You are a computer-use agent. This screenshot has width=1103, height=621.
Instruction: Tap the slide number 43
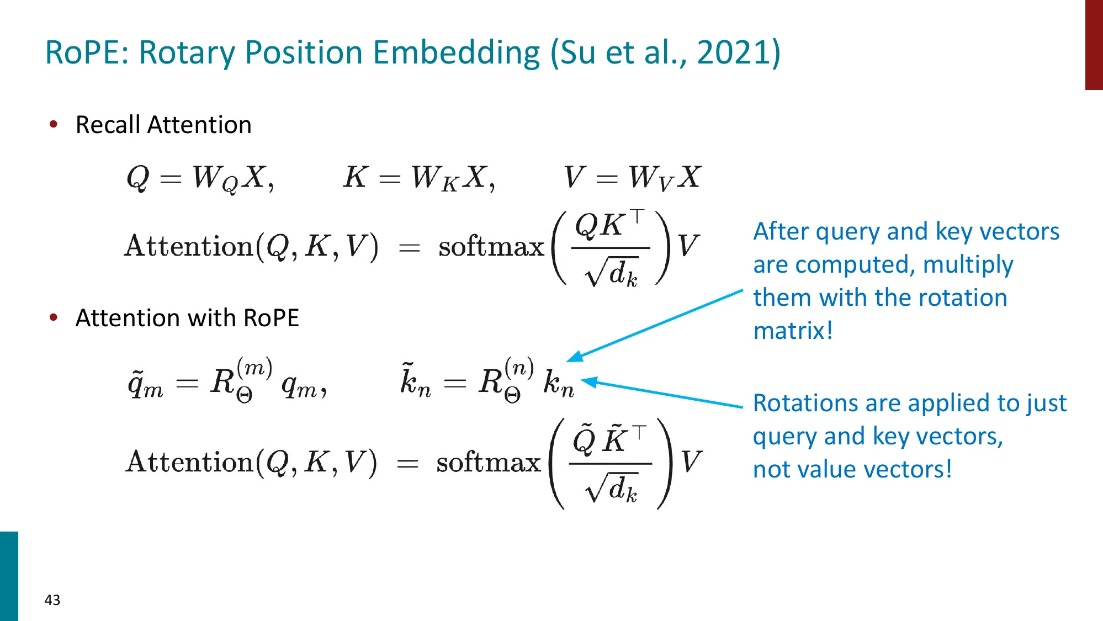(52, 599)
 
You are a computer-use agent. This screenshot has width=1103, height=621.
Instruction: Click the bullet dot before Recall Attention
(54, 124)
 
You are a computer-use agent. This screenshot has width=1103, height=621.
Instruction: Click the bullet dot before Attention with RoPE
(54, 317)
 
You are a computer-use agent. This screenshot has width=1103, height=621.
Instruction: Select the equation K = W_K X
(418, 178)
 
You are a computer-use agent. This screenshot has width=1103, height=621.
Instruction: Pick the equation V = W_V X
(632, 178)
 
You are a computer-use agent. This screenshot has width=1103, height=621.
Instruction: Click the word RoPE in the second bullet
(271, 318)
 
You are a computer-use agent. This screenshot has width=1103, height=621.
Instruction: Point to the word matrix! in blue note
(793, 331)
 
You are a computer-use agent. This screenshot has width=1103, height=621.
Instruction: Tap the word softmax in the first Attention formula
(491, 246)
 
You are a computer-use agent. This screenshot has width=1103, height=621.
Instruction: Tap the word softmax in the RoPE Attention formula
(489, 462)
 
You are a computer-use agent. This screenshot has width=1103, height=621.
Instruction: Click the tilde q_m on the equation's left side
(145, 383)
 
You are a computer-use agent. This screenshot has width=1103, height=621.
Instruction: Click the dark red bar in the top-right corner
(1094, 44)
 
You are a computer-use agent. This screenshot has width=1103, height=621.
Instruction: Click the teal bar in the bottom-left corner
(9, 576)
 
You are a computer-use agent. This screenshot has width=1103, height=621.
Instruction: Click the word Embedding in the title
(457, 52)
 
